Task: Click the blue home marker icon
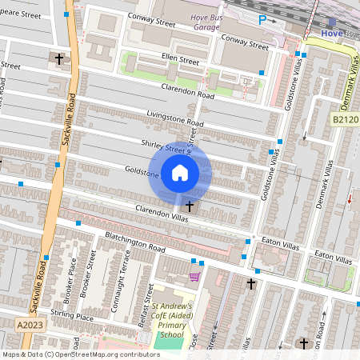pyautogui.click(x=179, y=173)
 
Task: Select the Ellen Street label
pyautogui.click(x=179, y=60)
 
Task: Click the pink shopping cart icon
pyautogui.click(x=194, y=277)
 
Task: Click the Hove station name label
pyautogui.click(x=330, y=34)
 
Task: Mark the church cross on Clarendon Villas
pyautogui.click(x=189, y=206)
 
